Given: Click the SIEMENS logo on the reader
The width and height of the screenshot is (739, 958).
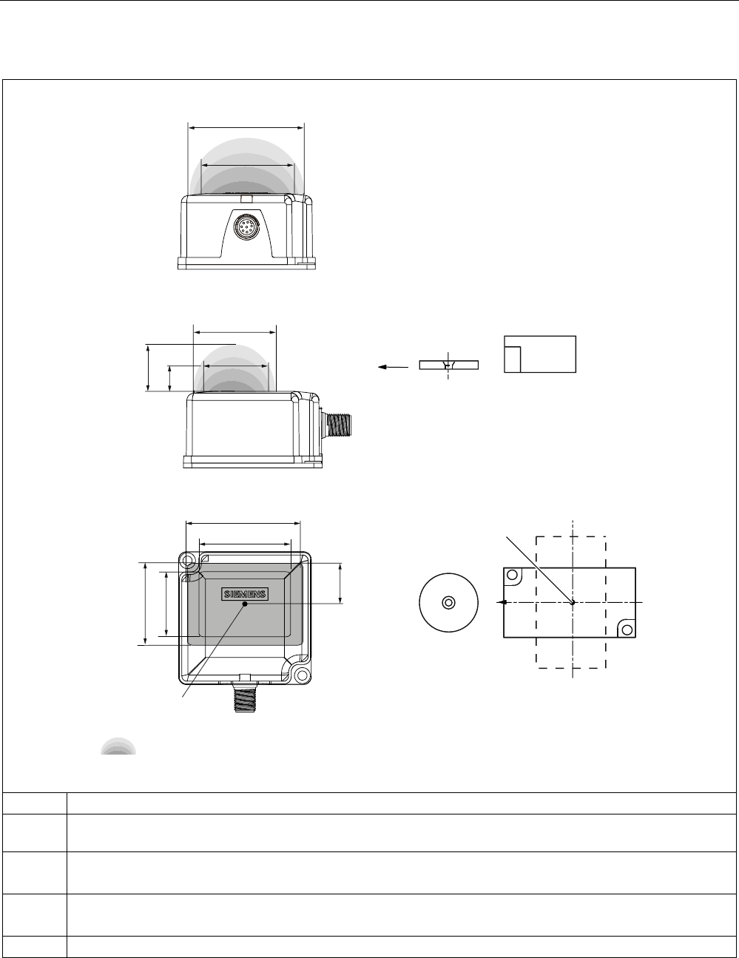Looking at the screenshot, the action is (245, 594).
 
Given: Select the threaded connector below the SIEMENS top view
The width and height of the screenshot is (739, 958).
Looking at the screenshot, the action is (246, 698).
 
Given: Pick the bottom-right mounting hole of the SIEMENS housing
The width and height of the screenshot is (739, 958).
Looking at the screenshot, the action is (302, 675).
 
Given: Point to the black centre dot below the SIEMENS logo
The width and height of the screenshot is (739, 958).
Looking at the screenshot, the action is (245, 604).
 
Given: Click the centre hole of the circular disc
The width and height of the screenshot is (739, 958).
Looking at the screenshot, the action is (448, 602).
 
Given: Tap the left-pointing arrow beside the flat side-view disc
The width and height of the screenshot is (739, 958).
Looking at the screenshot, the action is (393, 367).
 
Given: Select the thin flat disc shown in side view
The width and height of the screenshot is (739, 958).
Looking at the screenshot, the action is (448, 365).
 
